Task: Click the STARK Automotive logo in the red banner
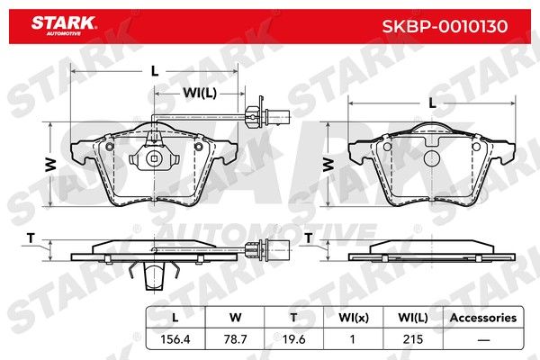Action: pos(64,26)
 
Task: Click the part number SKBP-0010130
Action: pos(445,26)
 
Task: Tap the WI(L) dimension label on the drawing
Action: pos(200,93)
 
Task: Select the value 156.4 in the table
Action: pos(175,339)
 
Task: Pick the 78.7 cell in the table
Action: pos(235,339)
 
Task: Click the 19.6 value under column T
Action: pos(293,339)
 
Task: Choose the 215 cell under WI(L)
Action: pos(412,339)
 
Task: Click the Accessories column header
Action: pos(483,318)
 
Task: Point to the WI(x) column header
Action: pos(354,318)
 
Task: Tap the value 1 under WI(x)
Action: pos(352,339)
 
